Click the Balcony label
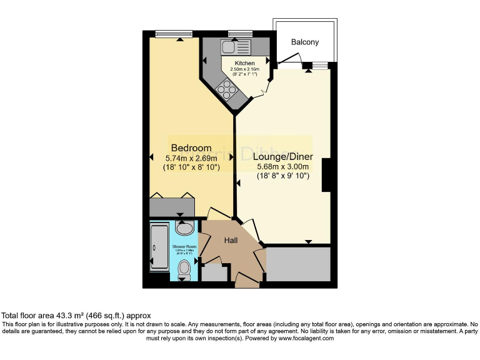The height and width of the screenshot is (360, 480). pyautogui.click(x=305, y=42)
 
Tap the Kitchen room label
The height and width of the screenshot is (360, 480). pyautogui.click(x=244, y=63)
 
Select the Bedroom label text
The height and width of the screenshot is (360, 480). pyautogui.click(x=191, y=148)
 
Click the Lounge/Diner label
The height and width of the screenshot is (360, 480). pyautogui.click(x=284, y=157)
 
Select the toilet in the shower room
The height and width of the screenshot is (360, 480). pyautogui.click(x=184, y=269)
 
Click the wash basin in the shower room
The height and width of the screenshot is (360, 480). pyautogui.click(x=184, y=227)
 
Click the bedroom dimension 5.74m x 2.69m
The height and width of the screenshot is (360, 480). pyautogui.click(x=191, y=159)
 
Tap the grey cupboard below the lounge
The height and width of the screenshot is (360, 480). pyautogui.click(x=298, y=264)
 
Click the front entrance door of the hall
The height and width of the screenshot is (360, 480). pyautogui.click(x=247, y=284)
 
